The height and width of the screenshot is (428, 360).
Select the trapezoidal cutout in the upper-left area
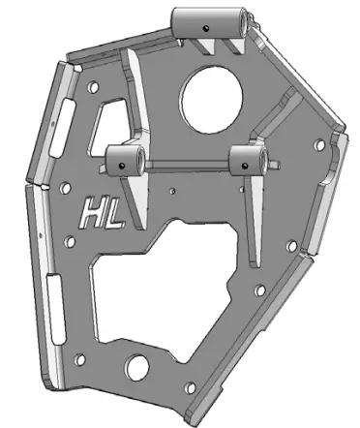[x=114, y=121]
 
